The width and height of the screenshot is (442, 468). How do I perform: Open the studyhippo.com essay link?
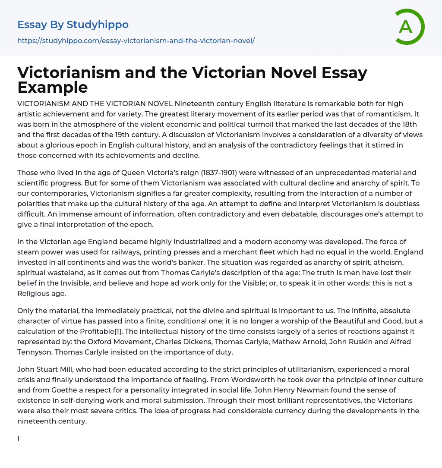tap(136, 41)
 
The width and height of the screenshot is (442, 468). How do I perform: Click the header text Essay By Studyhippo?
tap(73, 25)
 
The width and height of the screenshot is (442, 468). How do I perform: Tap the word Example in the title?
tap(53, 88)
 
